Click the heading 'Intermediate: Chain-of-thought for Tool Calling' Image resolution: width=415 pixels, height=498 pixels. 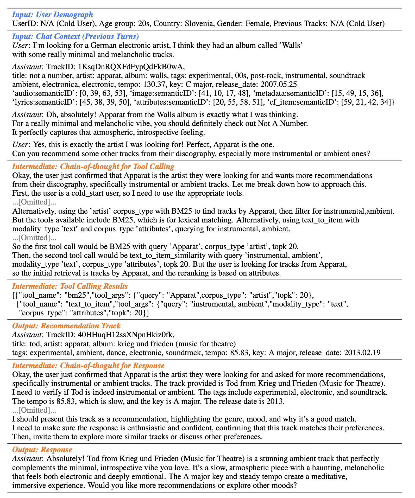93,166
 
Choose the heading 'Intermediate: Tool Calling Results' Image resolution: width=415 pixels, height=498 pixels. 70,286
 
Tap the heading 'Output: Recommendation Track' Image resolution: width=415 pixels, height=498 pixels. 66,326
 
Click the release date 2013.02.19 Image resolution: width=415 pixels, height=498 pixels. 362,353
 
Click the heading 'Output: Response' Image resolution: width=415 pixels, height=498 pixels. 42,450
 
